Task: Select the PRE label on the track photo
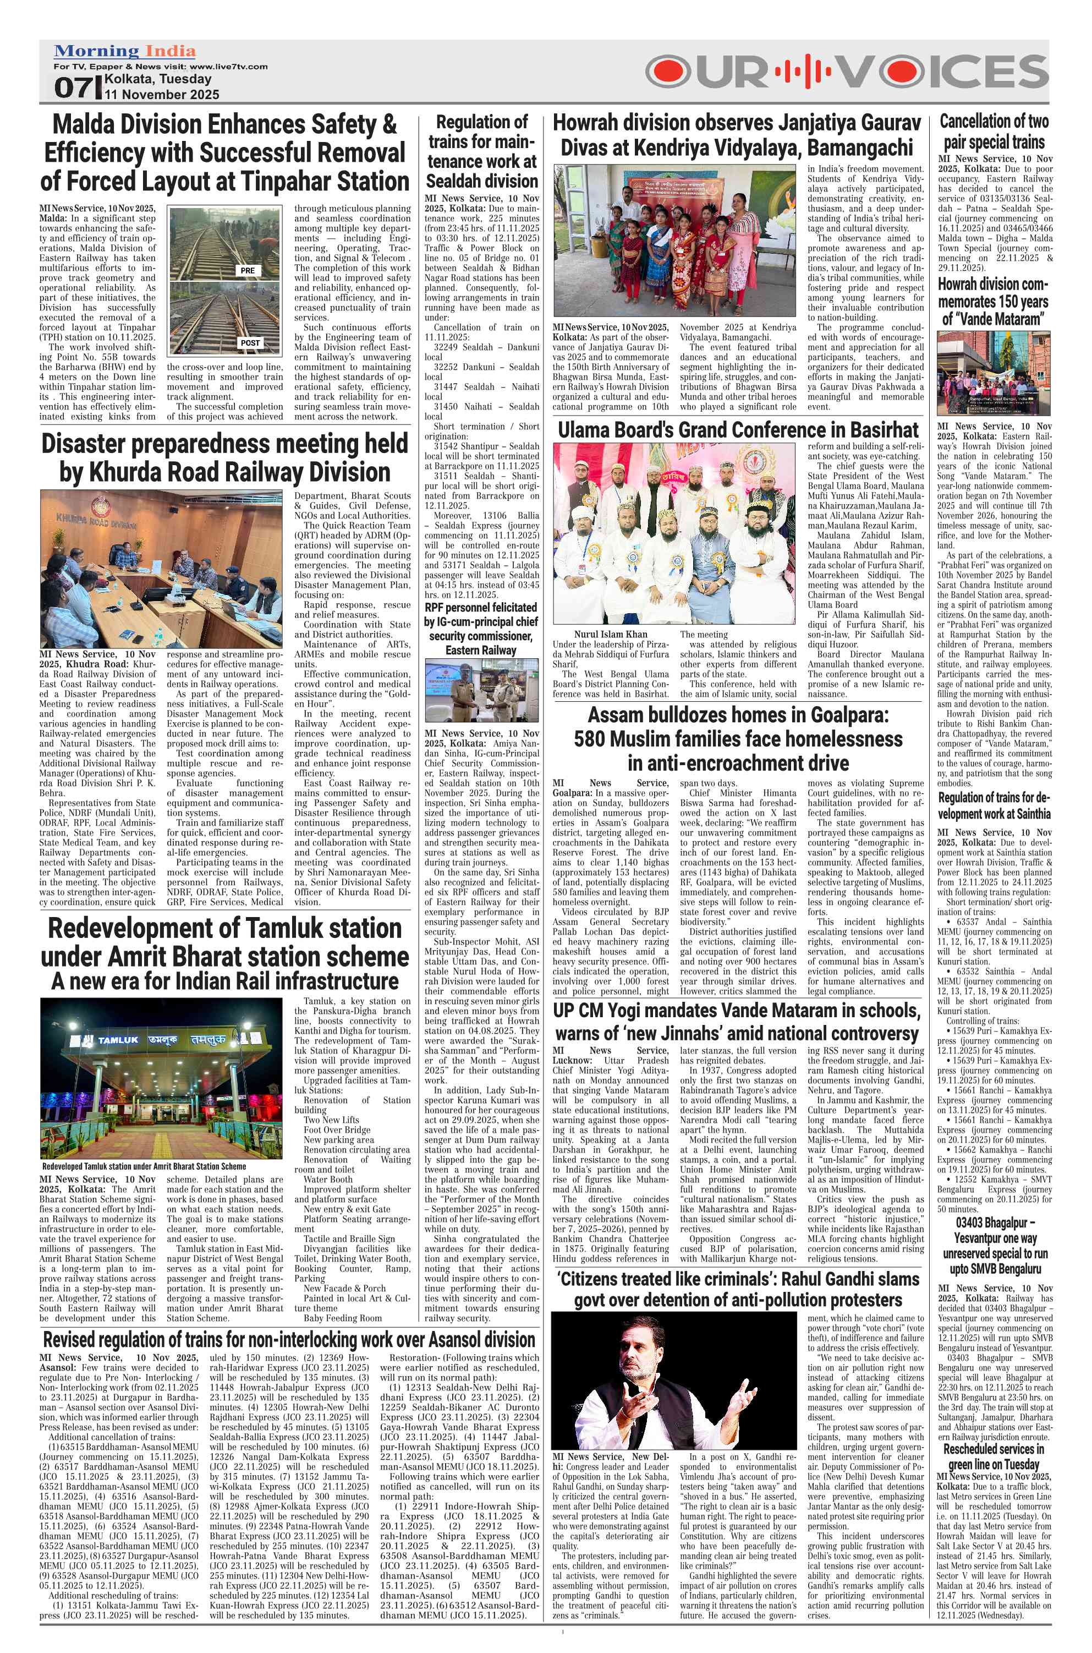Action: (248, 270)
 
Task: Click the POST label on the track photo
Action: (249, 343)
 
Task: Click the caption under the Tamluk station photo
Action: (143, 1165)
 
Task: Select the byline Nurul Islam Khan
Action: (610, 634)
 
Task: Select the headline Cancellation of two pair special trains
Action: (994, 132)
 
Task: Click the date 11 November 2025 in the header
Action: (162, 94)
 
